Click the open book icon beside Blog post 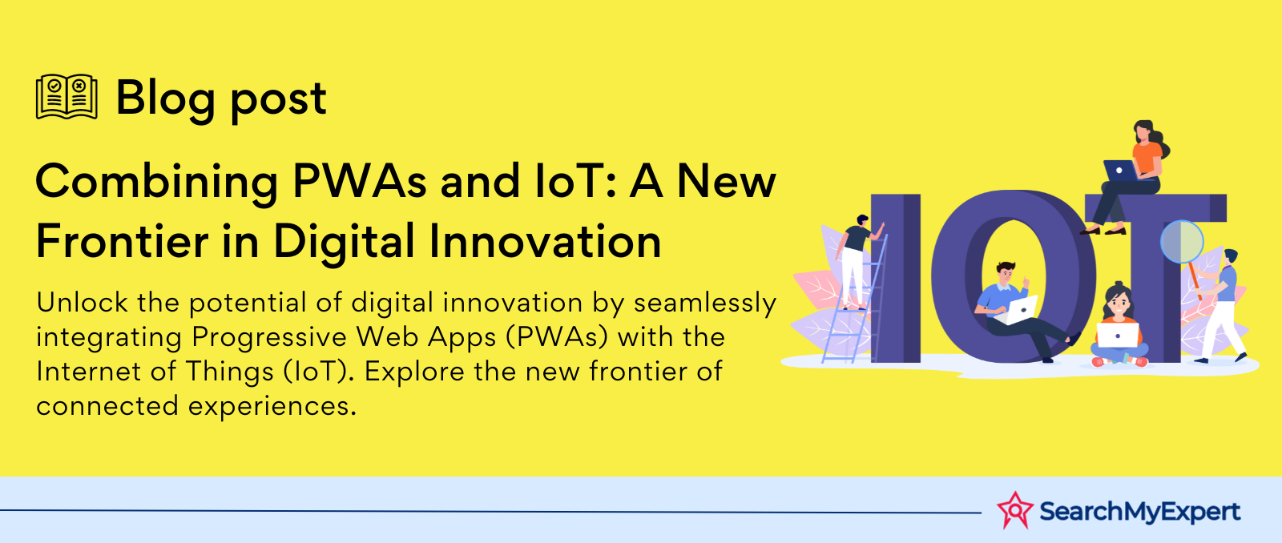[67, 97]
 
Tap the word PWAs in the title [360, 181]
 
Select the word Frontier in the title [122, 241]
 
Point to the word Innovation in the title [545, 241]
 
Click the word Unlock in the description [83, 302]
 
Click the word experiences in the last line [272, 407]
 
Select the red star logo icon [1014, 510]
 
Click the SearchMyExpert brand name [1139, 511]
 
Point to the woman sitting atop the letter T [1127, 177]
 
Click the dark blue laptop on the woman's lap [1121, 171]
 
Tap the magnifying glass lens [1182, 241]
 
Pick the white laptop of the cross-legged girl [1118, 335]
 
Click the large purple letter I [895, 278]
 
